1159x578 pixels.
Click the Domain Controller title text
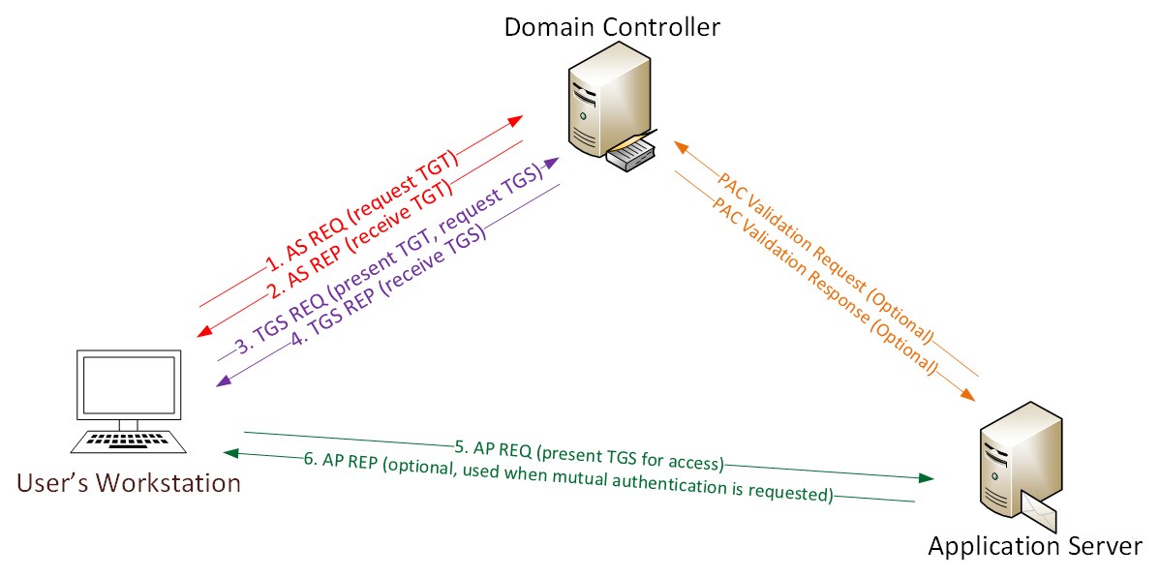coord(612,26)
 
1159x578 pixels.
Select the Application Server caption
coord(1036,546)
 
